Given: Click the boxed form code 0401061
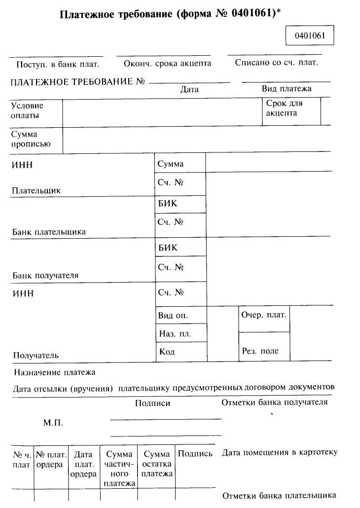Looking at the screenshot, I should click(310, 36).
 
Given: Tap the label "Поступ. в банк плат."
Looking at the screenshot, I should click(58, 64).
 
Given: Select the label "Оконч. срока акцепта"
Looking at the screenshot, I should click(168, 64).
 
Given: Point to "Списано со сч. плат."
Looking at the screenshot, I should click(276, 63).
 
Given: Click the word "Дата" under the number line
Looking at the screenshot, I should click(189, 90).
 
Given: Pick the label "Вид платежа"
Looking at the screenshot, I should click(287, 89).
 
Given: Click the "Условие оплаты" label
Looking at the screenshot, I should click(27, 110).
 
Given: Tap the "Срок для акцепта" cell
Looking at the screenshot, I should click(285, 109).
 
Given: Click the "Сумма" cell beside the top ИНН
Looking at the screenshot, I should click(171, 164).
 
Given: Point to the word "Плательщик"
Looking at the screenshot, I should click(37, 190).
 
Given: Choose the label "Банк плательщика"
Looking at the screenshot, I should click(49, 231).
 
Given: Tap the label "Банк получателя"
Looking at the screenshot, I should click(46, 275).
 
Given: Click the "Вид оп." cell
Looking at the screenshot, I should click(173, 315).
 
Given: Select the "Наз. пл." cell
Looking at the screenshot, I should click(175, 334).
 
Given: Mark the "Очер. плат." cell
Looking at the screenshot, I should click(264, 315).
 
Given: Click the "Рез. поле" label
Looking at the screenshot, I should click(260, 351).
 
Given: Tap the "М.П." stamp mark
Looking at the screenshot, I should click(53, 423).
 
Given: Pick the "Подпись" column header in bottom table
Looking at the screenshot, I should click(195, 454).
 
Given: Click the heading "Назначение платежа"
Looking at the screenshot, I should click(54, 372).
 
